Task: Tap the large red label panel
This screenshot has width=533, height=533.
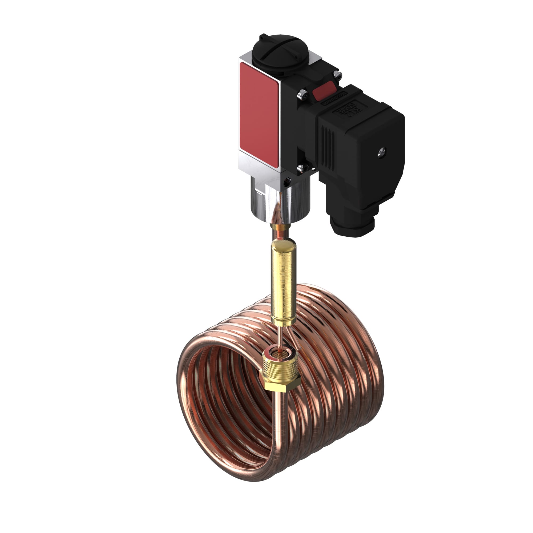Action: coord(259,115)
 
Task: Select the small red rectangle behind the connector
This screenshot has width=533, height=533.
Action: coord(325,92)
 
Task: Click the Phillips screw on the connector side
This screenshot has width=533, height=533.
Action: coord(383,151)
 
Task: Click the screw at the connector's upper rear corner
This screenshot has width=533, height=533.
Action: coord(337,74)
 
